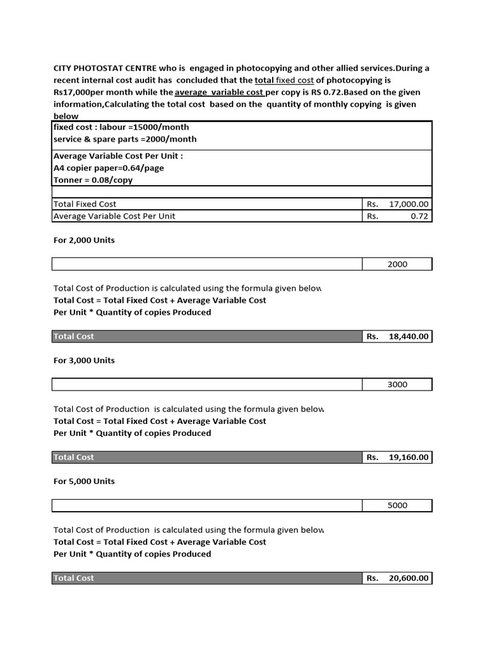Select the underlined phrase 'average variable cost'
pyautogui.click(x=219, y=92)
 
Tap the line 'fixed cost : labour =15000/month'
pyautogui.click(x=121, y=127)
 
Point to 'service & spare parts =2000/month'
pyautogui.click(x=125, y=139)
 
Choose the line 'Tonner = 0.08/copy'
pyautogui.click(x=93, y=180)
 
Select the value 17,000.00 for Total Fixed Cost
pyautogui.click(x=409, y=204)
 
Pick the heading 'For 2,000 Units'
pyautogui.click(x=84, y=240)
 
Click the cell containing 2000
pyautogui.click(x=397, y=264)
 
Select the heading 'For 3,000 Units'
pyautogui.click(x=84, y=361)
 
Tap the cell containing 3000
pyautogui.click(x=397, y=385)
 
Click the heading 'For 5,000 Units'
pyautogui.click(x=84, y=481)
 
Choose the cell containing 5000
pyautogui.click(x=397, y=505)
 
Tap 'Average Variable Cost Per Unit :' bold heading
pyautogui.click(x=118, y=156)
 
